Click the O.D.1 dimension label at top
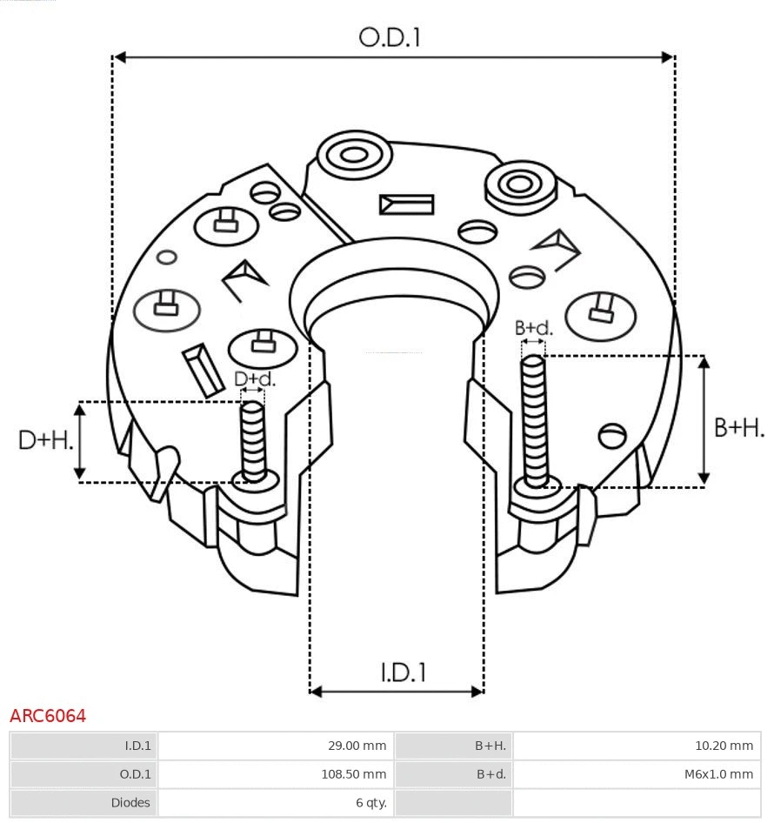coord(390,37)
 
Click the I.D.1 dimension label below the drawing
coord(403,672)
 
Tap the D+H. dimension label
coord(45,440)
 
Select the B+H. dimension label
coord(739,428)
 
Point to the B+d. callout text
coord(533,328)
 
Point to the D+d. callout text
coord(255,378)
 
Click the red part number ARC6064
coord(48,716)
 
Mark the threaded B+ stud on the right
coord(534,418)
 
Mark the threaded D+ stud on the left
coord(253,439)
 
